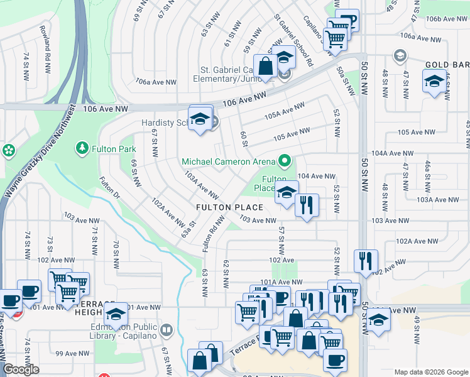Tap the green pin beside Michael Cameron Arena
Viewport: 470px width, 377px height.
coord(284,161)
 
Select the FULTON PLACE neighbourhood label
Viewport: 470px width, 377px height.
coord(229,207)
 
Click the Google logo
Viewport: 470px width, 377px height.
coord(21,369)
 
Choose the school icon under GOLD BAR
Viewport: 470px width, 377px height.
coord(434,81)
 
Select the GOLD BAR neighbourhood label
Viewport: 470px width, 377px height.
coord(447,65)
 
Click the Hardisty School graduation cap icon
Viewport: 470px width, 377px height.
coord(200,118)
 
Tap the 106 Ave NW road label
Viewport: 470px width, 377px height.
coord(245,98)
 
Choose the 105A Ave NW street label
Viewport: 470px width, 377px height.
coord(280,114)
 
